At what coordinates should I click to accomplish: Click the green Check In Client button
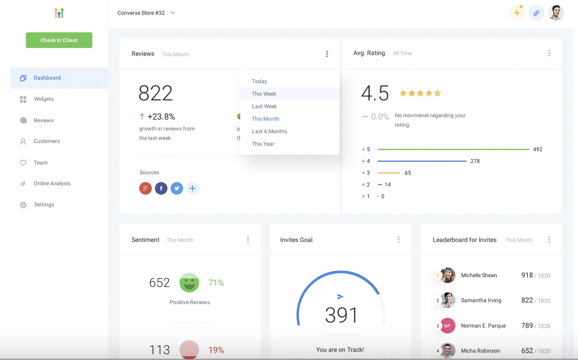pyautogui.click(x=59, y=40)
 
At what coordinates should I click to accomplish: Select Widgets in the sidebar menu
pyautogui.click(x=43, y=99)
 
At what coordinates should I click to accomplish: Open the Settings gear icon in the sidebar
pyautogui.click(x=23, y=205)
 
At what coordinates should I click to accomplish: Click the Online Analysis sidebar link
pyautogui.click(x=52, y=184)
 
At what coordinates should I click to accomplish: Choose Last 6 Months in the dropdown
pyautogui.click(x=269, y=131)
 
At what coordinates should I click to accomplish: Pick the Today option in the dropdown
pyautogui.click(x=259, y=81)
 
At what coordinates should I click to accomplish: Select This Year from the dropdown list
pyautogui.click(x=263, y=144)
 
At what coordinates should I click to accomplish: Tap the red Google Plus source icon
pyautogui.click(x=146, y=189)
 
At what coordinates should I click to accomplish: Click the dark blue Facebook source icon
pyautogui.click(x=161, y=189)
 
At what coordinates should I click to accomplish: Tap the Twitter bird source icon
pyautogui.click(x=176, y=189)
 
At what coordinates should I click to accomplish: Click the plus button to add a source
pyautogui.click(x=192, y=189)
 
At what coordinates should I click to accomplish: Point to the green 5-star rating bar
pyautogui.click(x=453, y=150)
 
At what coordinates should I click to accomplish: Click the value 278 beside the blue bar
pyautogui.click(x=475, y=161)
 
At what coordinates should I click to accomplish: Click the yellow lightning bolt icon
pyautogui.click(x=517, y=13)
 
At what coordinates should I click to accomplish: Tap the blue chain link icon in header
pyautogui.click(x=536, y=13)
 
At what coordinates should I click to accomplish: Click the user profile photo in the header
pyautogui.click(x=556, y=13)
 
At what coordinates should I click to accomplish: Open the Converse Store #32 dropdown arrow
pyautogui.click(x=173, y=13)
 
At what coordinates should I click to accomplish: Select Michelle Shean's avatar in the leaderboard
pyautogui.click(x=448, y=275)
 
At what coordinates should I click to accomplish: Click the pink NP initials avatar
pyautogui.click(x=448, y=326)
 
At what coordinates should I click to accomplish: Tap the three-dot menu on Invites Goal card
pyautogui.click(x=398, y=240)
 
